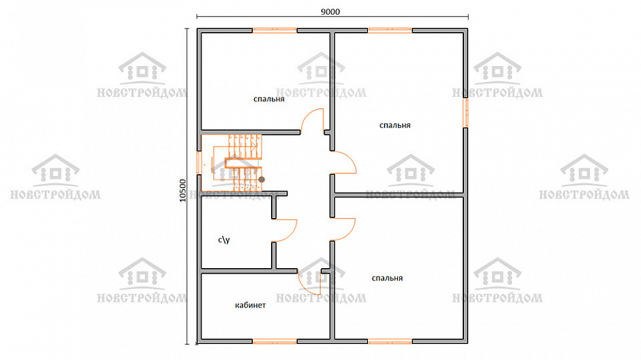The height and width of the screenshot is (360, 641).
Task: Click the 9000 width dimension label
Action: tap(330, 12)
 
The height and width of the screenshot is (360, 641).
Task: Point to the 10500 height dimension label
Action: tap(183, 190)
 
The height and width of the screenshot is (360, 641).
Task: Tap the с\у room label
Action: tap(224, 240)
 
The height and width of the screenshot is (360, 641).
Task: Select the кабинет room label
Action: tap(250, 305)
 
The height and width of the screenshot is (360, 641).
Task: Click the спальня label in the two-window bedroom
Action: tap(394, 125)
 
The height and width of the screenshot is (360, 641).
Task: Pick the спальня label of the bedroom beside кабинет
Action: tap(387, 279)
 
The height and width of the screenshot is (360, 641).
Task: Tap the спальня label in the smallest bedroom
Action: tap(268, 100)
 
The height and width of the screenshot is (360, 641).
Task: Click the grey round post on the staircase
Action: tap(262, 180)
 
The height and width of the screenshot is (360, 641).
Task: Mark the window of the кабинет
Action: tap(275, 341)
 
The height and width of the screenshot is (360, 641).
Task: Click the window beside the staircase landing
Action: tap(199, 163)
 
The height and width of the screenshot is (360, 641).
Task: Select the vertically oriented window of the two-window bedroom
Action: tap(465, 112)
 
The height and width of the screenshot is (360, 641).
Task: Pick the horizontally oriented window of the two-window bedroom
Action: tap(390, 30)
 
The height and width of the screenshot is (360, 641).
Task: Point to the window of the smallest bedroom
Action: tap(275, 30)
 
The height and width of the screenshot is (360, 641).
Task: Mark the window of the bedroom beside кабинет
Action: tap(390, 341)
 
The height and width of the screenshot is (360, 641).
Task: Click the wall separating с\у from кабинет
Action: tap(249, 271)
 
